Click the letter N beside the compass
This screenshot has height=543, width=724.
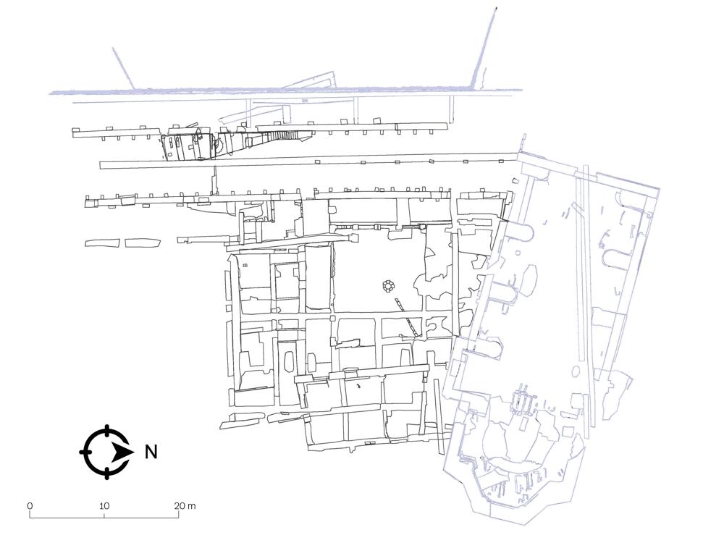tap(151, 452)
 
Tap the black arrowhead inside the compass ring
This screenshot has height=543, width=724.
tap(122, 452)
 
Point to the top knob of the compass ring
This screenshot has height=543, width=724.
tap(107, 428)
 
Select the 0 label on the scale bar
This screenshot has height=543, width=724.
tap(30, 505)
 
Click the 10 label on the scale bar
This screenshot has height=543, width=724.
tap(104, 505)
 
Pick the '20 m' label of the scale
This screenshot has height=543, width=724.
tap(185, 505)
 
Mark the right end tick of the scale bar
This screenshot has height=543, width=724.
tap(179, 514)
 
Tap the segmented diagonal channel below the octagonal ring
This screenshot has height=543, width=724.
tap(408, 318)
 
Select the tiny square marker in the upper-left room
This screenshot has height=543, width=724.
tap(245, 265)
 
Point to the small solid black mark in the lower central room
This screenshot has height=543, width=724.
tap(358, 386)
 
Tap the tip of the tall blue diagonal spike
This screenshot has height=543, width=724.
tap(495, 8)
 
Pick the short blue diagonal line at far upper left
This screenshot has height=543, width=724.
tap(123, 68)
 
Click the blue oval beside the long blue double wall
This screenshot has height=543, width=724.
tap(576, 371)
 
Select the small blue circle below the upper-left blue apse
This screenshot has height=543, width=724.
tap(518, 253)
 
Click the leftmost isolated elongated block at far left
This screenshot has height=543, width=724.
tap(103, 243)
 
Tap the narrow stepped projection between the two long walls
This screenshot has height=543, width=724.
tap(214, 181)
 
